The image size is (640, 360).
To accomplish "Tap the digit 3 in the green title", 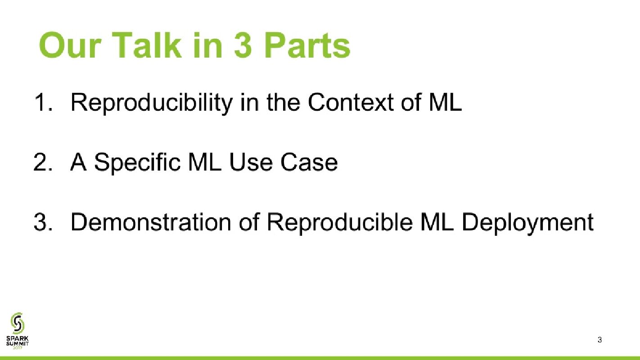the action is pos(243,45).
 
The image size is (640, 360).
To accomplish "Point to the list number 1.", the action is pos(43,102).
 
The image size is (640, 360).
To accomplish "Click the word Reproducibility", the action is pos(151,103).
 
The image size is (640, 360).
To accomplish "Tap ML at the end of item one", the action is pos(445,102).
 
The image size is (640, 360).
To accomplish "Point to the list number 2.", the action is pos(43,162).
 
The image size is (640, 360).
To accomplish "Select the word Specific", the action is pos(137,162).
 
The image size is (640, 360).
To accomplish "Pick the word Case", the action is pos(309,162).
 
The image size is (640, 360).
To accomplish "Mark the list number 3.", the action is pos(43,222).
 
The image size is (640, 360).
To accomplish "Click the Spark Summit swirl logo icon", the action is pos(18,323).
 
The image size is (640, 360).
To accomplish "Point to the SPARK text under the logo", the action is pos(18,339).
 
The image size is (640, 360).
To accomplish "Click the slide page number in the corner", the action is pos(599,340).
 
